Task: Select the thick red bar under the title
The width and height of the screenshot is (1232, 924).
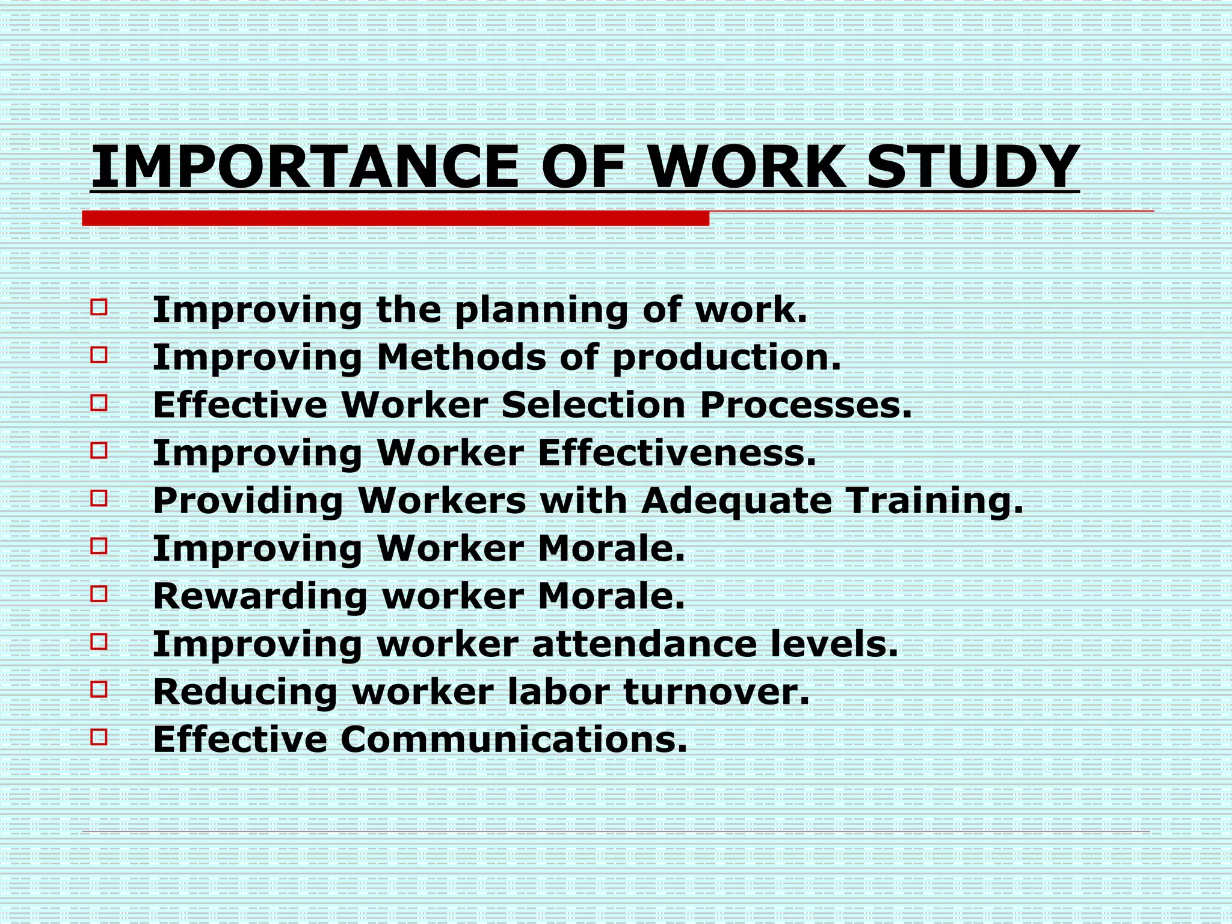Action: pos(395,218)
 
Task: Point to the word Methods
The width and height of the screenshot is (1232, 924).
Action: pos(461,357)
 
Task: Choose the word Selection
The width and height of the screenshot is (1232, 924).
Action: pos(593,405)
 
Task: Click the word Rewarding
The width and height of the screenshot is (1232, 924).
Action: pos(260,597)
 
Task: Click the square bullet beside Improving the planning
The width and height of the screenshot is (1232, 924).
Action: pos(99,307)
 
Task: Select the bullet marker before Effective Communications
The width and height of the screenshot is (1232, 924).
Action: pos(99,737)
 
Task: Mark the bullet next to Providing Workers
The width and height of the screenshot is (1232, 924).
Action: pos(99,498)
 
